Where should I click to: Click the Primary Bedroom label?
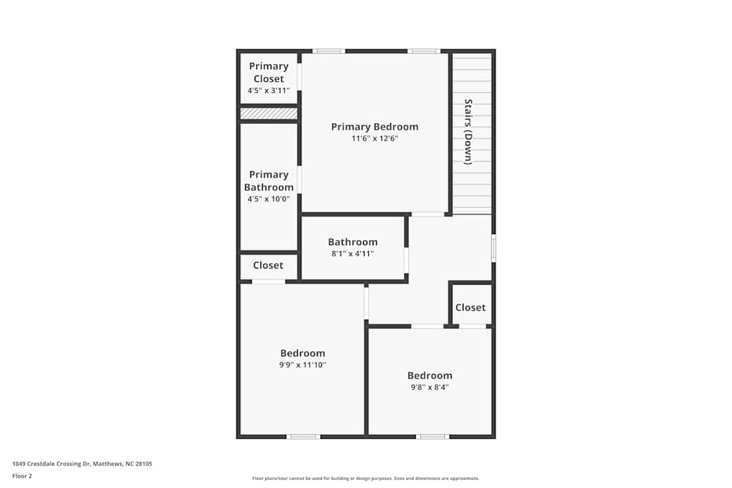pos(374,127)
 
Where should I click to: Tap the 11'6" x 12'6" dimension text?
pos(374,138)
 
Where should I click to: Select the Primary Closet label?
pos(269,72)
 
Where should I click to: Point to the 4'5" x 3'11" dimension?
pos(269,91)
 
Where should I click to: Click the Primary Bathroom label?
pos(269,181)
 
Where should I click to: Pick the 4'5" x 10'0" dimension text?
pos(269,198)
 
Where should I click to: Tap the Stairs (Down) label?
pos(468,132)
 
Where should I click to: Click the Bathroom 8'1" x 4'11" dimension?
pos(353,254)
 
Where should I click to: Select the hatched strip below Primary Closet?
pos(269,113)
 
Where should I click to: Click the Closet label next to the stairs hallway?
pos(470,307)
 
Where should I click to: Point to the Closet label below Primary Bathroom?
pos(268,265)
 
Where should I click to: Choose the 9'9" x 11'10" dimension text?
pos(302,364)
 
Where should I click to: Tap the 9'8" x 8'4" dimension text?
pos(430,387)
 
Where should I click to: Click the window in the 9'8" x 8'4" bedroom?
pos(432,437)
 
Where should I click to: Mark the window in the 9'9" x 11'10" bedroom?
pos(303,437)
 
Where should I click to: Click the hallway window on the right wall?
pos(493,248)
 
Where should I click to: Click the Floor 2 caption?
pos(22,476)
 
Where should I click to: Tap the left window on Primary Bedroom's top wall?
pos(329,51)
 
